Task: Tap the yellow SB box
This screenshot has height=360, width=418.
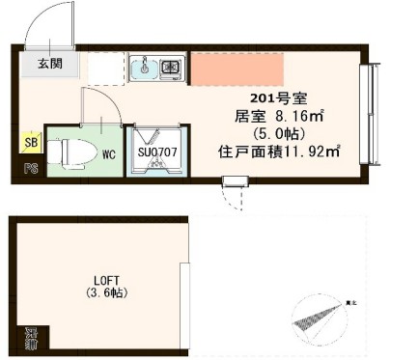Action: (30, 143)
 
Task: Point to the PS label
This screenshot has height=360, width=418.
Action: (30, 167)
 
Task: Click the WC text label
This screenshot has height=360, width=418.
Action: (109, 153)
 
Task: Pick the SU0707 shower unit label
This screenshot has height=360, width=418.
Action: (155, 152)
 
